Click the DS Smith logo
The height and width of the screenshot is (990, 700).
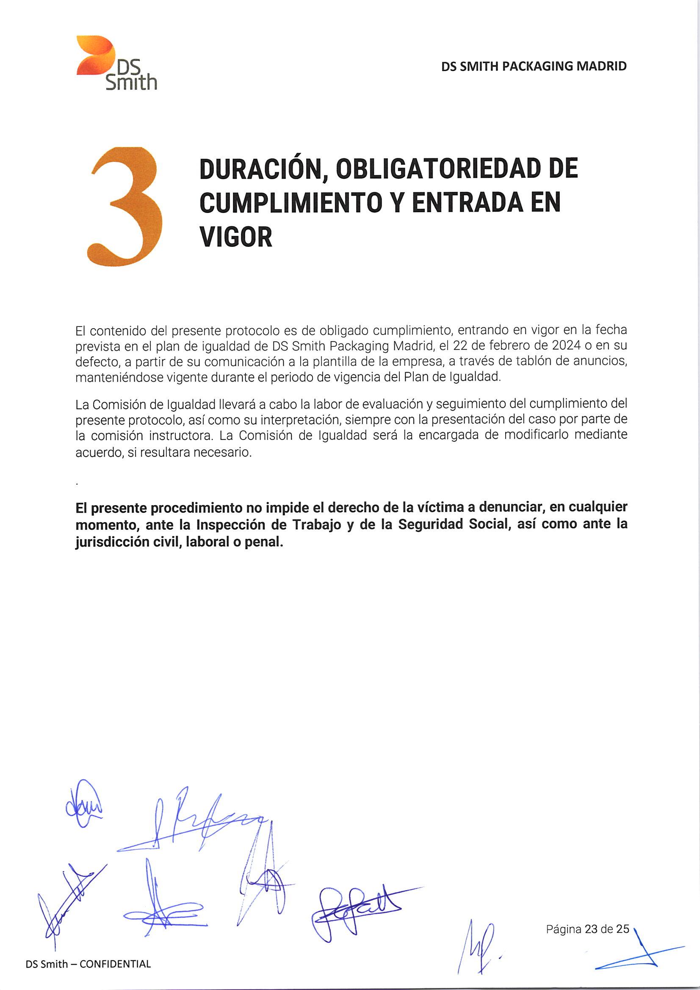[116, 63]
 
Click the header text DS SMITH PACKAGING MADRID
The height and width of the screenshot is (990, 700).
[534, 66]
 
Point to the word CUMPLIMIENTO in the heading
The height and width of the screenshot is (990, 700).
[291, 202]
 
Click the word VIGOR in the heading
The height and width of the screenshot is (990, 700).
[236, 237]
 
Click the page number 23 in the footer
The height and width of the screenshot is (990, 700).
[592, 929]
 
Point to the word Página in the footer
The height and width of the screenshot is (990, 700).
[563, 929]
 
